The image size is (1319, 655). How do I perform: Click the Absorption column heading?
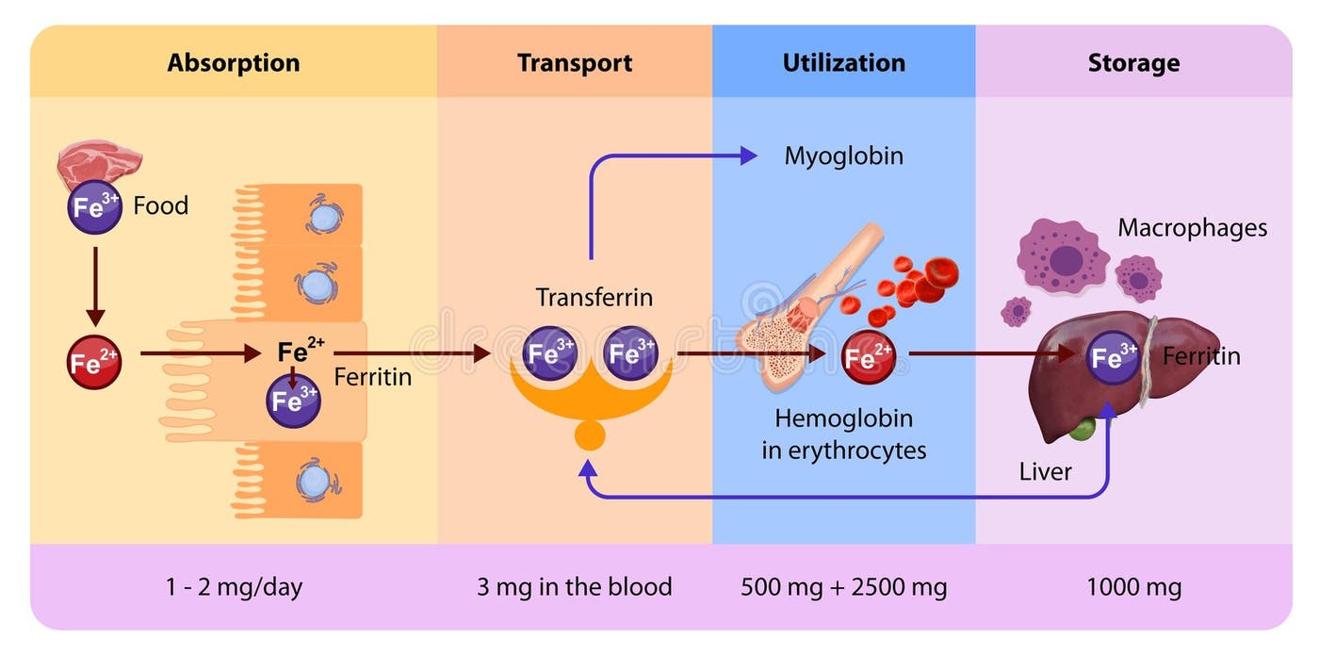234,63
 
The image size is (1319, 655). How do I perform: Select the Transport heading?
575,63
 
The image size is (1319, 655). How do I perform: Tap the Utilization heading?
843,63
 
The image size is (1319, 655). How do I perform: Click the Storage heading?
1133,63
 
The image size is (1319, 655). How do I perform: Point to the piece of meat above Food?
99,162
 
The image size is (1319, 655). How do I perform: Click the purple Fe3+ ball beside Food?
94,206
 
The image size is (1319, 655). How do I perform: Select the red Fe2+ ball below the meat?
94,361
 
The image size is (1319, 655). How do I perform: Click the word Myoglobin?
843,156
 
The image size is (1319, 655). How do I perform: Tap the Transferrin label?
594,298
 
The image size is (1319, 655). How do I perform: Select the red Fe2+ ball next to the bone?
868,356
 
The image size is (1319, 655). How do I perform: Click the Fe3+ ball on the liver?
1115,357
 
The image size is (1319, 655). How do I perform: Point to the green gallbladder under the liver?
1083,430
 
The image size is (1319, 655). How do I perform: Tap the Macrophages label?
1192,228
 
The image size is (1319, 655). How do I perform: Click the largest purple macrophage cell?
1063,256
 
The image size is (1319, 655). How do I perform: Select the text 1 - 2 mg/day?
234,587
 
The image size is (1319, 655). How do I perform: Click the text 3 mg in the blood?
575,587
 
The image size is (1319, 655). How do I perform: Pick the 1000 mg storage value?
1133,587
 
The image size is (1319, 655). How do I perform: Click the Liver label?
1045,471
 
